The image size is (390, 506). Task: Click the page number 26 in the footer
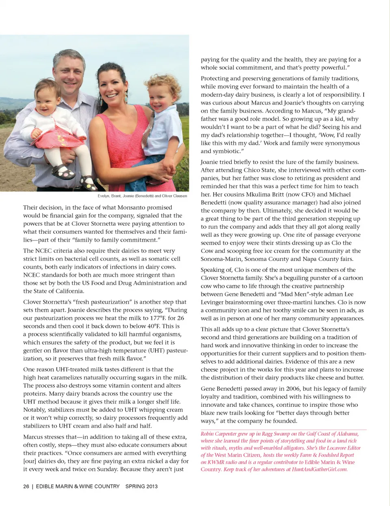pos(26,486)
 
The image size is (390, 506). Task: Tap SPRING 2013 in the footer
pos(141,486)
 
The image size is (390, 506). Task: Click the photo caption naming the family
pos(142,196)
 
